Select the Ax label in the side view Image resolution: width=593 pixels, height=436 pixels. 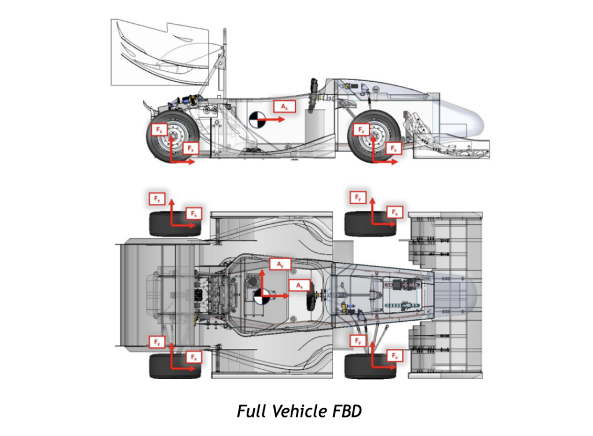(284, 107)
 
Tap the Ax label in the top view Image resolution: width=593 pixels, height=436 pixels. (299, 286)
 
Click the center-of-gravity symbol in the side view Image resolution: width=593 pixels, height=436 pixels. (256, 120)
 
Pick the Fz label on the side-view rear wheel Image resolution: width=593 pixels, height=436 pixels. (159, 130)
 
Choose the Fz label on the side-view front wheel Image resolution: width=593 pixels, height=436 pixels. (361, 129)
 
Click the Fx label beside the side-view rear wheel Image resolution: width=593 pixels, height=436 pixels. (191, 149)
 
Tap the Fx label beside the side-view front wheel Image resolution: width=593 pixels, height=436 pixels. (394, 149)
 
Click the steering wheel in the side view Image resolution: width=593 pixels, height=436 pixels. (314, 92)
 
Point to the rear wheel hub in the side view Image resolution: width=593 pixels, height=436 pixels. (173, 138)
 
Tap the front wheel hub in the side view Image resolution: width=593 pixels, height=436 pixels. (374, 137)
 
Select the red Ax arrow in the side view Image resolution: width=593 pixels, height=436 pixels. (272, 119)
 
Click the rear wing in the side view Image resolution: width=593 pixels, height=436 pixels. (162, 52)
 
